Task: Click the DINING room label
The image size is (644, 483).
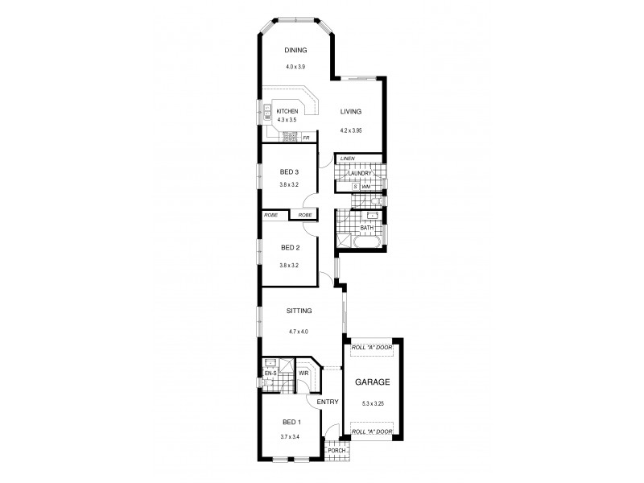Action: (296, 50)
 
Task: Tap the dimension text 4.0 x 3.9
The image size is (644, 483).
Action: (296, 67)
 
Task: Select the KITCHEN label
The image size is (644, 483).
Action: (287, 111)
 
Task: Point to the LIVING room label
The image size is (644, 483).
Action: (350, 112)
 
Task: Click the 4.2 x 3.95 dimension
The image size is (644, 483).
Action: (352, 130)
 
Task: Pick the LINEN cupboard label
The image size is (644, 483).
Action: (348, 159)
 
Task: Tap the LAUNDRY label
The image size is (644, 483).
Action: (359, 173)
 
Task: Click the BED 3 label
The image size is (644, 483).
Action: (290, 171)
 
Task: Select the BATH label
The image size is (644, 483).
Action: (366, 228)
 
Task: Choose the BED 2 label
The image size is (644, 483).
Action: (290, 248)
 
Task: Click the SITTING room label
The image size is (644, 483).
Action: (299, 311)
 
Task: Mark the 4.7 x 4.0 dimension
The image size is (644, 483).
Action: (298, 331)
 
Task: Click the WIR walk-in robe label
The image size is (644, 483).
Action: (303, 373)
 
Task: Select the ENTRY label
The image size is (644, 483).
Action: (327, 401)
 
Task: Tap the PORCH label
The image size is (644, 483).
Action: (338, 450)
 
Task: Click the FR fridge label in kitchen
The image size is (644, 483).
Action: (307, 138)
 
